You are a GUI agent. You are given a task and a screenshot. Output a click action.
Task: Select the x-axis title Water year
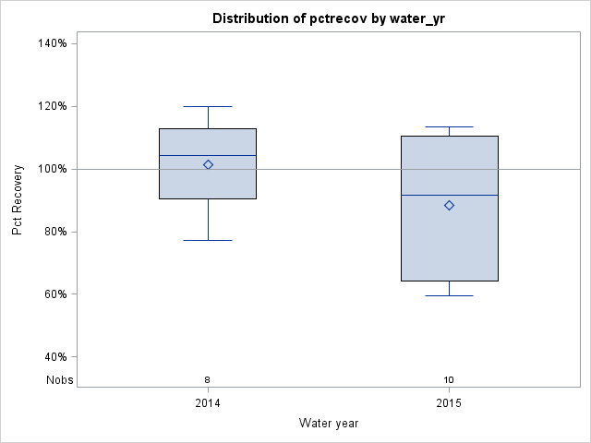329,423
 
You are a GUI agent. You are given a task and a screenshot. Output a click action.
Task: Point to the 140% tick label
53,43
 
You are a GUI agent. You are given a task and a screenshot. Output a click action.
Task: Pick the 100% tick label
53,169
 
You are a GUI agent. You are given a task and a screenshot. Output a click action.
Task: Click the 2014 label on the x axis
208,404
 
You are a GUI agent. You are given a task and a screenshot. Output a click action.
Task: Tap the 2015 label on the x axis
450,404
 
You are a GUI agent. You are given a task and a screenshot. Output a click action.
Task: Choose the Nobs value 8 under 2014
208,380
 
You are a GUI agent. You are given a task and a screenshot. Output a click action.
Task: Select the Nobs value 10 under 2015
450,380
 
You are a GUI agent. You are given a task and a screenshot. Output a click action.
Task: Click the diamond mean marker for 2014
208,164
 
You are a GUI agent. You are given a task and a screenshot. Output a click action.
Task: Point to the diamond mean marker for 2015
450,205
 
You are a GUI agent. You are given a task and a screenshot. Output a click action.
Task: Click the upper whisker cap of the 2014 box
208,106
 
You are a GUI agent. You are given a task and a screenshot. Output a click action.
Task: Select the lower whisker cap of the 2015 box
450,295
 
